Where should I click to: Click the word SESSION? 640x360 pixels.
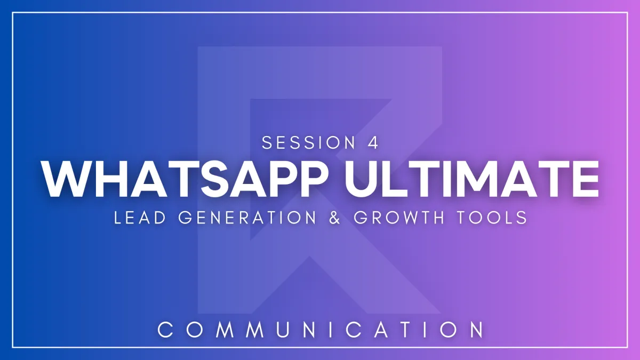coord(308,142)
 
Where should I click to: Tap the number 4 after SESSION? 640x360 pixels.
coord(373,142)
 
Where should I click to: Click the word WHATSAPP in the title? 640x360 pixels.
coord(185,179)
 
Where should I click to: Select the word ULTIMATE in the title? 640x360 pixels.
coord(472,179)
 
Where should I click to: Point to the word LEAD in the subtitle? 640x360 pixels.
coord(140,218)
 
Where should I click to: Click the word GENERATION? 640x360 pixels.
coord(247,218)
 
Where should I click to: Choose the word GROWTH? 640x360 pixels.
coord(399,218)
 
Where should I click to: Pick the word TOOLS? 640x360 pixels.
coord(492,218)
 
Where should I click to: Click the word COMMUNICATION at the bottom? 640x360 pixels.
coord(321,330)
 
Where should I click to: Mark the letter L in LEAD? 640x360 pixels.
coord(118,218)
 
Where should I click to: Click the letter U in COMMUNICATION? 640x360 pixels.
coord(282,330)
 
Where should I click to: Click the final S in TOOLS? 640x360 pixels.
coord(522,218)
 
